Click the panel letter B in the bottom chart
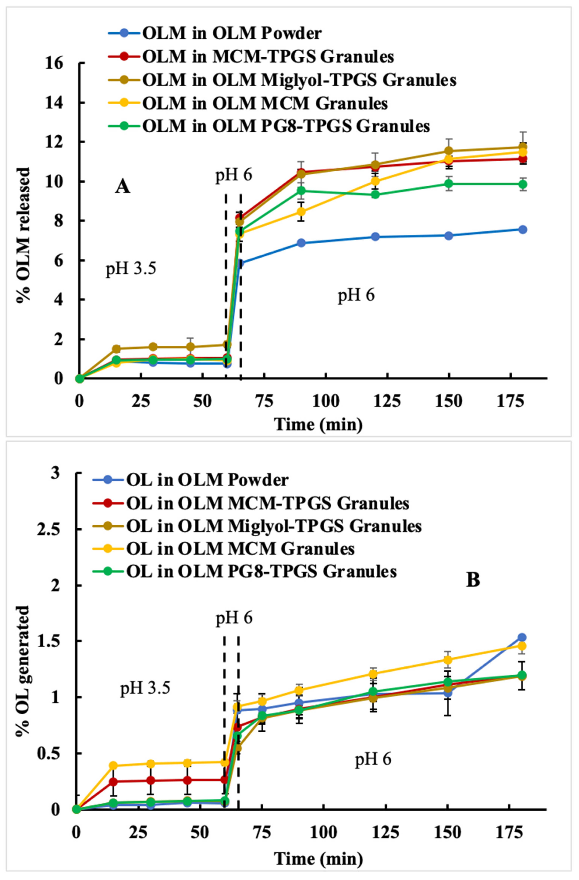473,580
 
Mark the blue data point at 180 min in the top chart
522,230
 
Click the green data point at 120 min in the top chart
375,195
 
